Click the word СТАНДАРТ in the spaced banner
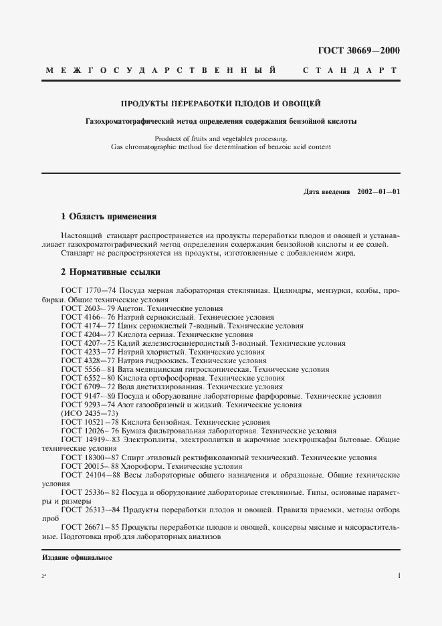[350, 70]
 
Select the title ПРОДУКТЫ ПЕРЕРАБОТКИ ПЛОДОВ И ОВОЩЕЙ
[221, 104]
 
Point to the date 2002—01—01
[378, 192]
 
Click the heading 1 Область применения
[108, 217]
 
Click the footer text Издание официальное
[77, 557]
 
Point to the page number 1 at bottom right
[399, 575]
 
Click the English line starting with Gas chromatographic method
[221, 146]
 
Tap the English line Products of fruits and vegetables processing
[221, 138]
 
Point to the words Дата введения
[327, 192]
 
